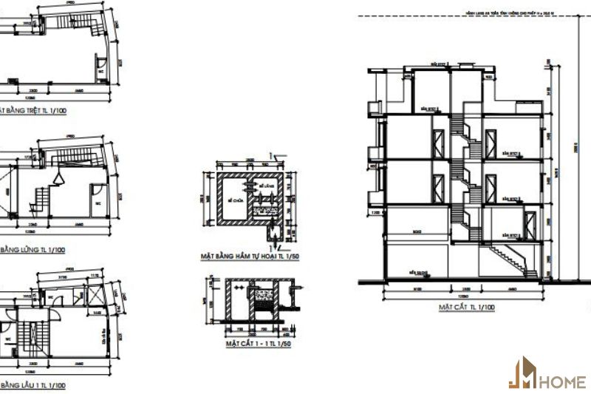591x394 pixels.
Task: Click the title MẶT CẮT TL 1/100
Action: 466,305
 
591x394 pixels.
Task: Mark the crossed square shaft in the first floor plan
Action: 97,293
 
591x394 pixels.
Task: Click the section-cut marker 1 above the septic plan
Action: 275,157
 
